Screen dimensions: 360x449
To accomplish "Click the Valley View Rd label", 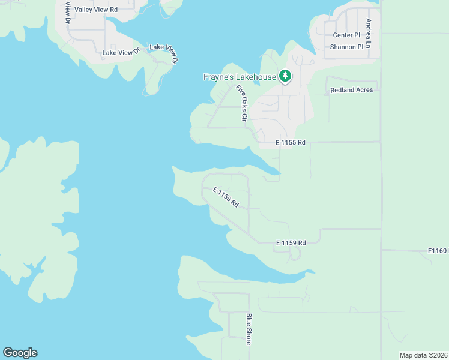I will pos(96,10).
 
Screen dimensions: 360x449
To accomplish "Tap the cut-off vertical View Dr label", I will pos(68,14).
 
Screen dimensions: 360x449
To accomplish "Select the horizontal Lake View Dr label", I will pos(121,53).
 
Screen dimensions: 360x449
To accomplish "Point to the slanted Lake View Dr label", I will pos(164,53).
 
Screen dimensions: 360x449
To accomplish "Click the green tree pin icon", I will pos(285,76).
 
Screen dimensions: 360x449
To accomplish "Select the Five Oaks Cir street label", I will pos(242,104).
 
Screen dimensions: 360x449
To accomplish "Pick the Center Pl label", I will pos(346,35).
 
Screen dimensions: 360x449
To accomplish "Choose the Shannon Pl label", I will pos(348,47).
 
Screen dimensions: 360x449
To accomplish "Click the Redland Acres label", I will pos(352,90).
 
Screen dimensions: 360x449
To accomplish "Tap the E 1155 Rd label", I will pos(291,143).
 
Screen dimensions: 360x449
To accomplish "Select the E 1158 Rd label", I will pos(226,197).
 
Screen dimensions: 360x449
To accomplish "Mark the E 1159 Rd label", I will pos(291,242).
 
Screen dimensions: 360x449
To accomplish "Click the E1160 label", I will pos(438,250).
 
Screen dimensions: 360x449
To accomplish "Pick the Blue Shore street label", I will pos(249,329).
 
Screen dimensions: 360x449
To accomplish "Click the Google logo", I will pos(20,353).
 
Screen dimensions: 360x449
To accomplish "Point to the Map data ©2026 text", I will pos(423,355).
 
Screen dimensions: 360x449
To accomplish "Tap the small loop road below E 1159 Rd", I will pos(294,254).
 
